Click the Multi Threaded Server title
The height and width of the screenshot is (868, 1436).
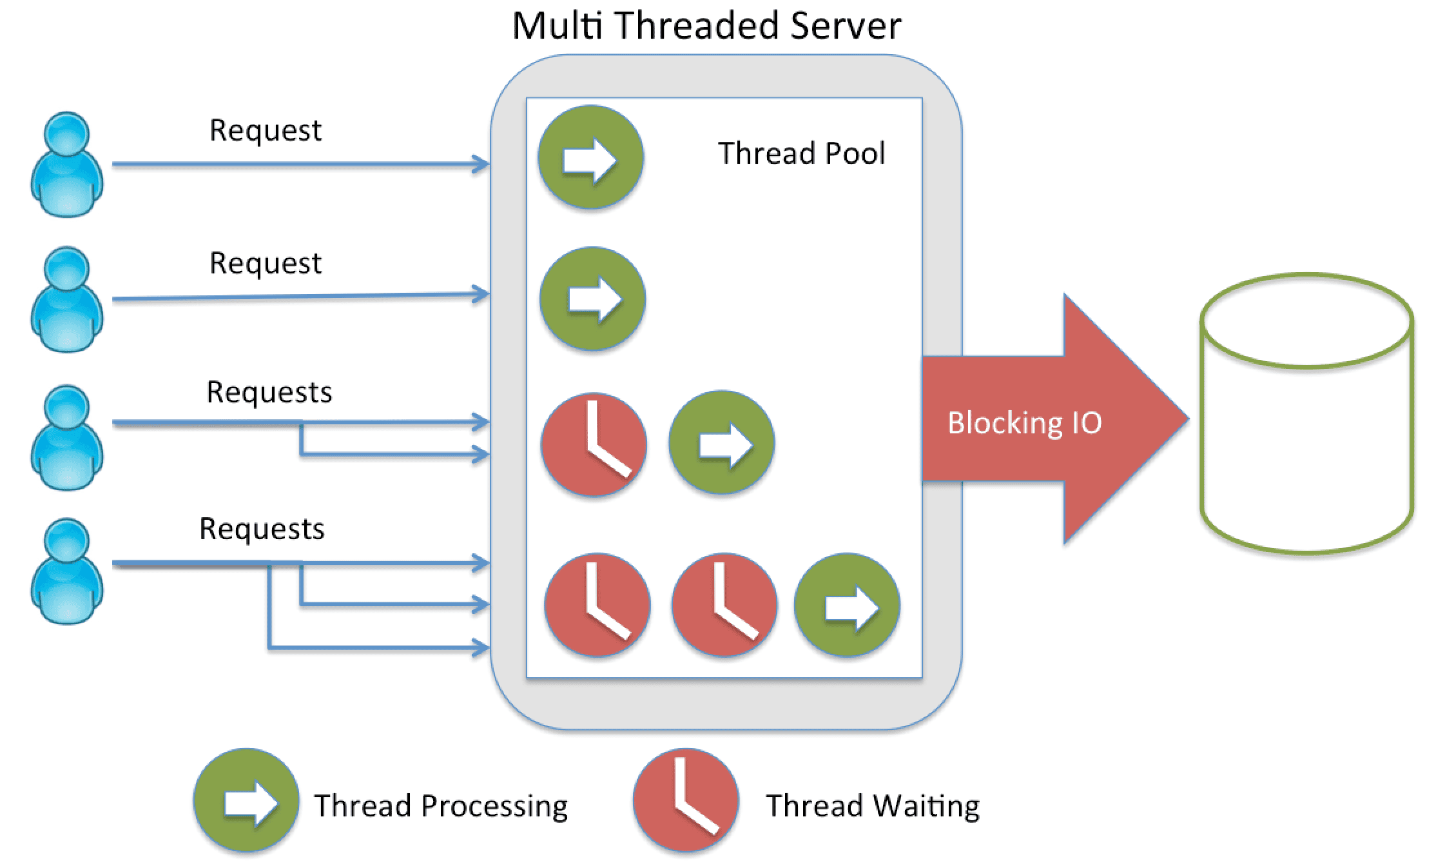(x=706, y=26)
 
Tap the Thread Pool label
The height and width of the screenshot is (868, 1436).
(x=801, y=153)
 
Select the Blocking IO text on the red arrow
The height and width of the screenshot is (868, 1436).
(x=1024, y=423)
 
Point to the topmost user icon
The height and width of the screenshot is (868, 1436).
(x=67, y=164)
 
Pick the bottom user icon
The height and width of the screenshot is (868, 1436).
(x=67, y=571)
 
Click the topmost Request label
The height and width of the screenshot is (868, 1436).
(x=265, y=130)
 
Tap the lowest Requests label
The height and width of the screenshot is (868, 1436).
(x=262, y=529)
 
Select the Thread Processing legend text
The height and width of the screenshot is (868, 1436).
(x=441, y=806)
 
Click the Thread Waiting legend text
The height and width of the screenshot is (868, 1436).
(x=873, y=806)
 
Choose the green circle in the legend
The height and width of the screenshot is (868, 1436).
(x=246, y=801)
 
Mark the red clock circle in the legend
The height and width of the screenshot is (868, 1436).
(x=686, y=801)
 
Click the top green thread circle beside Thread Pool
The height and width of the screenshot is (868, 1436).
(x=590, y=157)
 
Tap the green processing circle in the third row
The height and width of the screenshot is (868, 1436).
(x=721, y=443)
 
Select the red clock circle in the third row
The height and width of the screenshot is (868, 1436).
(x=594, y=445)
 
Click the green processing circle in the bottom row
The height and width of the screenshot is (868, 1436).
(x=847, y=605)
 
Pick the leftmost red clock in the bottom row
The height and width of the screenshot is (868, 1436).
(x=597, y=605)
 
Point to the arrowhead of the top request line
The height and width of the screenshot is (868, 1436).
(x=482, y=164)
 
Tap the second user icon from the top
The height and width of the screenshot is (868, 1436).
(x=67, y=299)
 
